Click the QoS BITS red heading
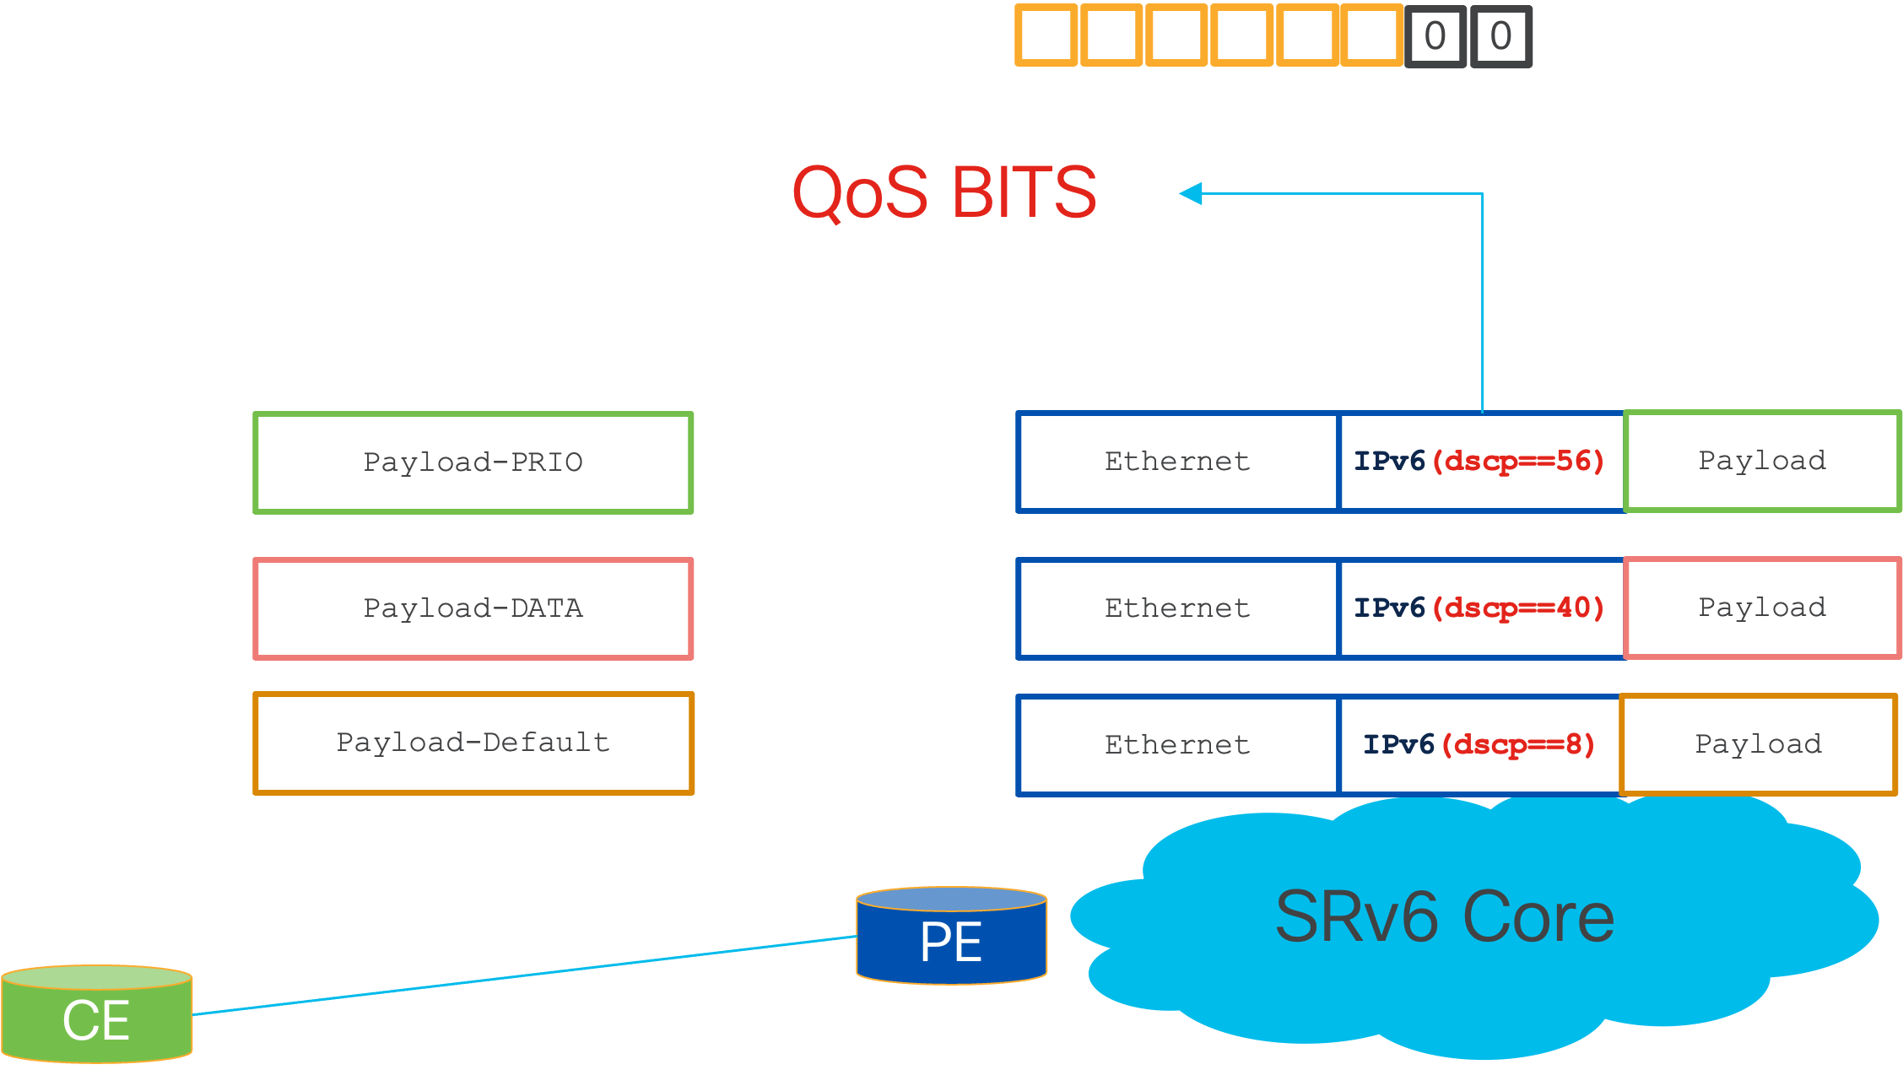pos(944,192)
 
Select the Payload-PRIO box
pos(473,462)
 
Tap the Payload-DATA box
pos(473,608)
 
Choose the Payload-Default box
pos(473,743)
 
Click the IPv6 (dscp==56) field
pos(1480,462)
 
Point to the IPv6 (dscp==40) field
pos(1480,608)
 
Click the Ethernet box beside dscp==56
pos(1178,462)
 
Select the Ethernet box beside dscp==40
pos(1178,608)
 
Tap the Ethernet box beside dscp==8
pos(1178,744)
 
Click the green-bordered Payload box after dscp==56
pos(1762,461)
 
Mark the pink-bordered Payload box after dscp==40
pos(1762,608)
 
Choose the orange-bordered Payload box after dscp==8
pos(1759,744)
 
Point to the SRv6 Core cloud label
pos(1444,916)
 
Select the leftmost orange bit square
pos(1046,35)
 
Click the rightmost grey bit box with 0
pos(1501,36)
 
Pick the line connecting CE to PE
pos(523,975)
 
